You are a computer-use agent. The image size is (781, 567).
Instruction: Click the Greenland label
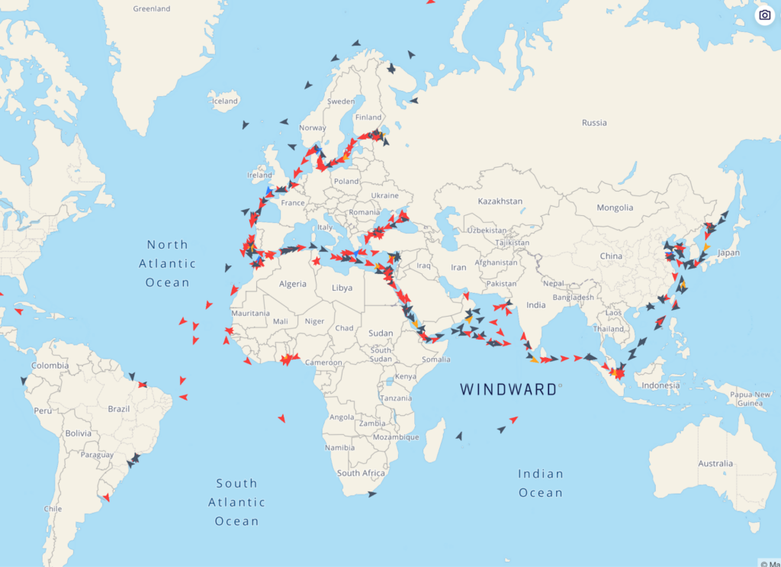[151, 9]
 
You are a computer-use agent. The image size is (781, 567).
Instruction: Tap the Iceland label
[225, 101]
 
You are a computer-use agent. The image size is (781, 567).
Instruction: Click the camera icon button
[764, 15]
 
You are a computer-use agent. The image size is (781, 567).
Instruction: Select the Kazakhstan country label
[500, 201]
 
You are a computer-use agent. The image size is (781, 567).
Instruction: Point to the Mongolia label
[615, 208]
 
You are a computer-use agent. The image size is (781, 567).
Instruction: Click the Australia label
[715, 463]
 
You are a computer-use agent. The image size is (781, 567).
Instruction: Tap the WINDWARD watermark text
[508, 389]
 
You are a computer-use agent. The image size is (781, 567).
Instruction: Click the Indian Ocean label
[541, 483]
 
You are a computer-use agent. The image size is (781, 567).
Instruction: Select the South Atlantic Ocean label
[236, 502]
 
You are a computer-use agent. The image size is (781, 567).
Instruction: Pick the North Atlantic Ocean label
[167, 263]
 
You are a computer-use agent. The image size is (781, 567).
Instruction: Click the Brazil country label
[119, 408]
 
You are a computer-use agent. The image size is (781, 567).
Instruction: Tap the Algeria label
[292, 284]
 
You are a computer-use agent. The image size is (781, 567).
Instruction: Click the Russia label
[594, 122]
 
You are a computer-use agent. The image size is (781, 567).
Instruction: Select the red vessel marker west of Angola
[281, 418]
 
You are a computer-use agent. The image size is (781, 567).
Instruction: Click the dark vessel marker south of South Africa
[371, 495]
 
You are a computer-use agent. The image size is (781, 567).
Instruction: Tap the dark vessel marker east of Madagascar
[458, 436]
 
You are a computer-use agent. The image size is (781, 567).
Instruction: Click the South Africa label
[361, 473]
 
